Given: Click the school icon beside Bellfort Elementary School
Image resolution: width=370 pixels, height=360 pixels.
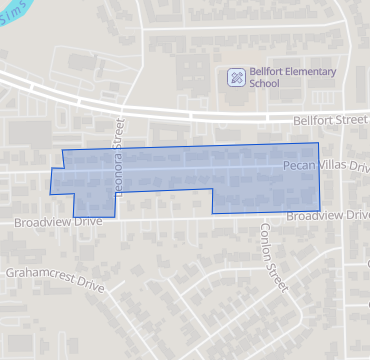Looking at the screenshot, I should [x=235, y=77].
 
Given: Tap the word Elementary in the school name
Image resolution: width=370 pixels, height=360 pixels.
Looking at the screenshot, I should [x=307, y=72].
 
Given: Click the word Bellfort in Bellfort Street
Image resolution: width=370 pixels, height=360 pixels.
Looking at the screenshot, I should [x=314, y=120].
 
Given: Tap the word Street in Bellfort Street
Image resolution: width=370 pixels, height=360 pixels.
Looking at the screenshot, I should [x=353, y=120].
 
